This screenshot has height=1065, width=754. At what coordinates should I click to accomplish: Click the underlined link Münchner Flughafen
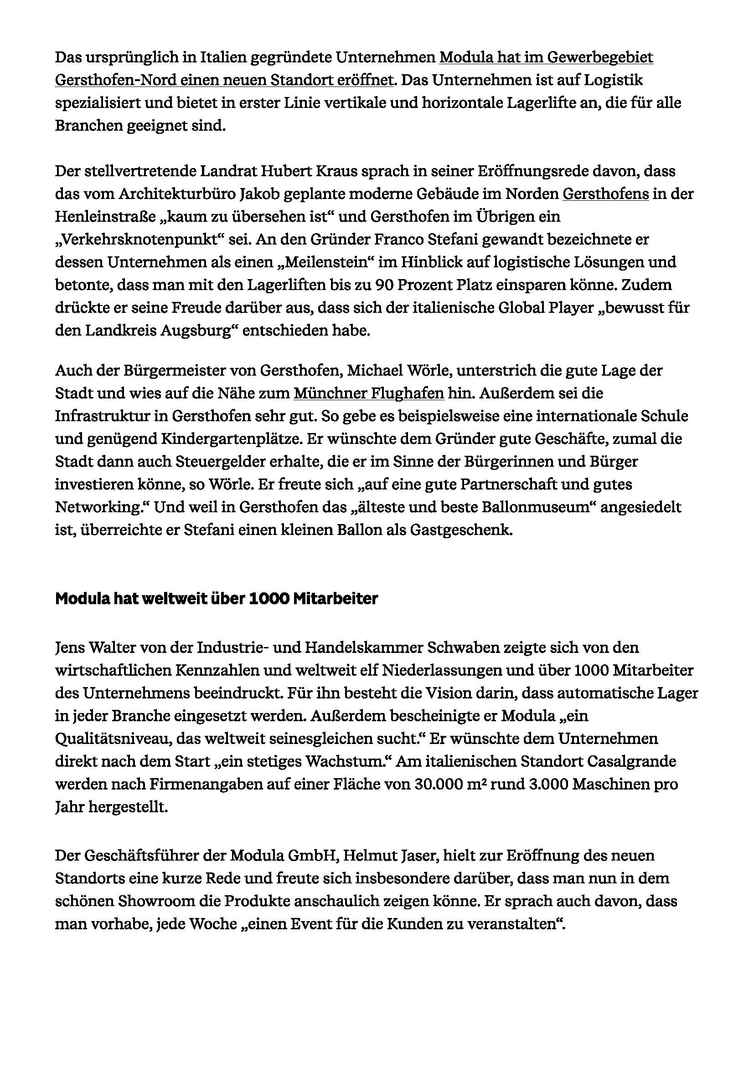[369, 393]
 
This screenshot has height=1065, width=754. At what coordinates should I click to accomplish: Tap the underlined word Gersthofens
[605, 194]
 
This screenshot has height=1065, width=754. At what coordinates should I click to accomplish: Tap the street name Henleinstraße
[109, 217]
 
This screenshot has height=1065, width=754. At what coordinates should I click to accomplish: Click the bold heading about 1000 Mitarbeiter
[217, 599]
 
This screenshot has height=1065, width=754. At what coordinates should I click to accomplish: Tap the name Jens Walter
[98, 647]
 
